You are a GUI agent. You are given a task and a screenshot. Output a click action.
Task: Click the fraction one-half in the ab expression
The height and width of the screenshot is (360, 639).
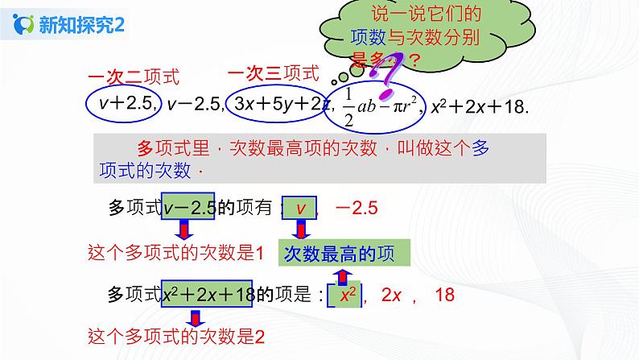(348, 105)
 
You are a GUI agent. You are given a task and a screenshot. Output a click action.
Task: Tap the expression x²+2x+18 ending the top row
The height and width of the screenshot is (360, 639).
(480, 105)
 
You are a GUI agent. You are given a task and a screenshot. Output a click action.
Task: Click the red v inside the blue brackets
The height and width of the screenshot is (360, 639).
(301, 209)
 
